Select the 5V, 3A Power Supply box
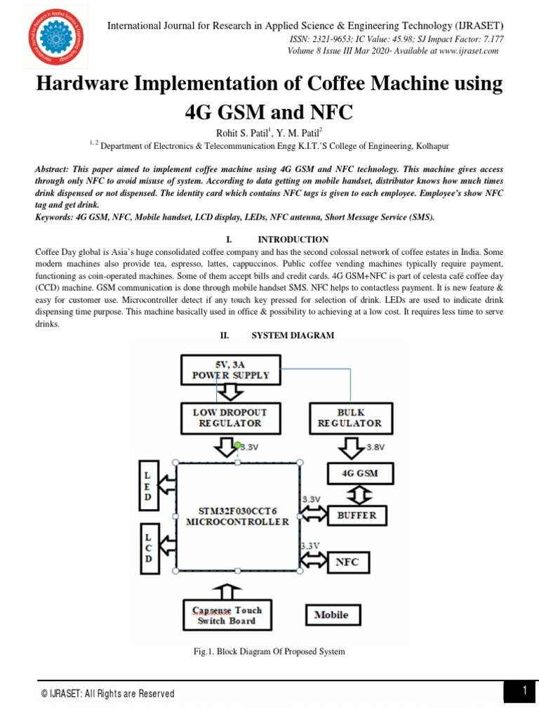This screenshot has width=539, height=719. coord(231,369)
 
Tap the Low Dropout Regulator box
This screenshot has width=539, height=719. coord(230,418)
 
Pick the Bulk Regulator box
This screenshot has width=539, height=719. coord(350,418)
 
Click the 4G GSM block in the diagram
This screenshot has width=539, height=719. coord(359,473)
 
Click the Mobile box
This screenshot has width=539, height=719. coord(331,615)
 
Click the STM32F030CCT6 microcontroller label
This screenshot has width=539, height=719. coord(237,516)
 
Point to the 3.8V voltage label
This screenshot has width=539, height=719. coord(375,446)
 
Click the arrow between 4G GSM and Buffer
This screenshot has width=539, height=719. coord(359,494)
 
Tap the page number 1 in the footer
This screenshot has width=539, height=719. coord(524,691)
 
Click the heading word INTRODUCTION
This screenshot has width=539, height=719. coord(293,239)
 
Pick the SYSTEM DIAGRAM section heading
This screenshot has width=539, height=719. coord(293,336)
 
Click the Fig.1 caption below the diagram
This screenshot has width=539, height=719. coord(269,652)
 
